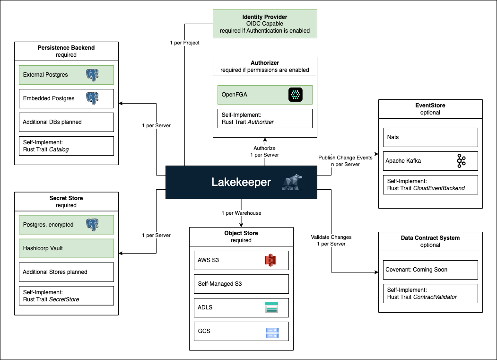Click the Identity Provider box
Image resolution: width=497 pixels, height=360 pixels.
264,24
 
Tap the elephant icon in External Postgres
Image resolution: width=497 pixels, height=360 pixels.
93,75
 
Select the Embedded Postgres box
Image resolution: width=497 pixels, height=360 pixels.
66,98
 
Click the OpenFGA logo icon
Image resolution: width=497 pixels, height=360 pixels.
296,95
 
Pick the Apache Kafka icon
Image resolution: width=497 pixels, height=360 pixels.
461,161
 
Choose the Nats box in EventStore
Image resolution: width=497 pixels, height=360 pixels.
430,137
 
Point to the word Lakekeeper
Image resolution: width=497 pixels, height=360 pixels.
241,182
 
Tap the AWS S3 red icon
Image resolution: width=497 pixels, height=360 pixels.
270,260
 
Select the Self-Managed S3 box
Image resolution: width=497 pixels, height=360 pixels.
241,284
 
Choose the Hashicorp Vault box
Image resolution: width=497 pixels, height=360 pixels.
66,248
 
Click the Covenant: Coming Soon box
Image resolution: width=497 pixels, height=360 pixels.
430,270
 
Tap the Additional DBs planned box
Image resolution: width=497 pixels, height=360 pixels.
66,122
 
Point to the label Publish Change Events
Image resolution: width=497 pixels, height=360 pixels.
346,158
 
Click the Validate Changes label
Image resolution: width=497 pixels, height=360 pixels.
331,237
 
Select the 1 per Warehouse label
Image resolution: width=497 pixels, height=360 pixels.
241,213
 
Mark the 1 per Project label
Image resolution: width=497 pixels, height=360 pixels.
184,43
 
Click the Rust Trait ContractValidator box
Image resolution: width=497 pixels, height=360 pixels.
430,293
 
